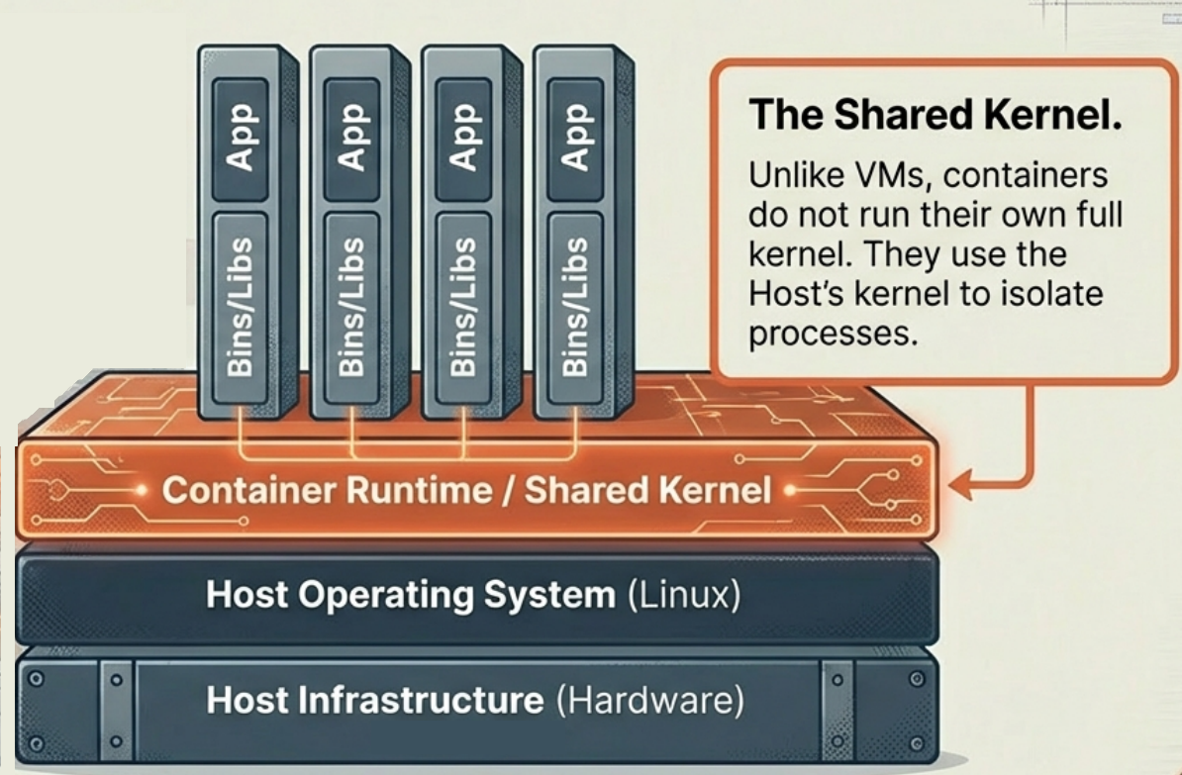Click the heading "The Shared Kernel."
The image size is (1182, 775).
[935, 115]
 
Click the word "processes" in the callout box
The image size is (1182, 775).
[828, 334]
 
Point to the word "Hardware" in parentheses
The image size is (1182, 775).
[649, 701]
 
